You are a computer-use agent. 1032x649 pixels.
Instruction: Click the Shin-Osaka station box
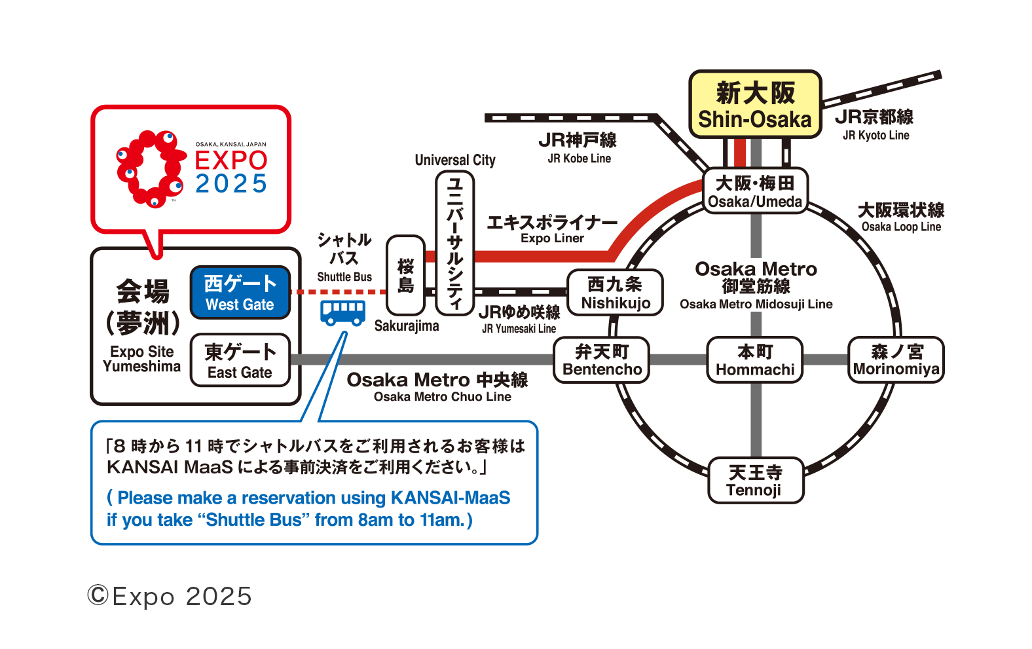(755, 104)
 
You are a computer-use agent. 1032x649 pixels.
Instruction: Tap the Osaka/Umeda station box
(755, 191)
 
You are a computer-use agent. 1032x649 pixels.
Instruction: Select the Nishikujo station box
(615, 293)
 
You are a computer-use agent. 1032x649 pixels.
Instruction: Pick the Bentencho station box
(601, 360)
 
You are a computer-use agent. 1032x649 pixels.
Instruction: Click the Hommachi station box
(754, 360)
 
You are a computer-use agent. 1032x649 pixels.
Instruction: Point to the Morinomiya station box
(896, 360)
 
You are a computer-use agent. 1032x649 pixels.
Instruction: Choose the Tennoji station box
(756, 481)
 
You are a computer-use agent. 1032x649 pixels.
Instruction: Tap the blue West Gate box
(240, 293)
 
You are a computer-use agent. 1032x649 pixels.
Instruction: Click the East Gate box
(240, 360)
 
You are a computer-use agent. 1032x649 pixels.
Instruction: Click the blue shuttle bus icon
(342, 313)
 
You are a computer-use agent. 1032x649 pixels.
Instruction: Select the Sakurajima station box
(405, 276)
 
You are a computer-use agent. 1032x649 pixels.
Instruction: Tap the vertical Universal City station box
(454, 243)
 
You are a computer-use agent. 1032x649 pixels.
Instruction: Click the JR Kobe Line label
(578, 147)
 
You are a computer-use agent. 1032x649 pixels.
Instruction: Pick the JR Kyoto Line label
(874, 124)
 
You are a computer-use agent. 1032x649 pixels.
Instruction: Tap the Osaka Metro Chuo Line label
(437, 387)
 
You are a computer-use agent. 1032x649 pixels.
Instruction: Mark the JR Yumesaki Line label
(519, 319)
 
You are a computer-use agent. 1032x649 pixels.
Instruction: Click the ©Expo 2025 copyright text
(170, 596)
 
